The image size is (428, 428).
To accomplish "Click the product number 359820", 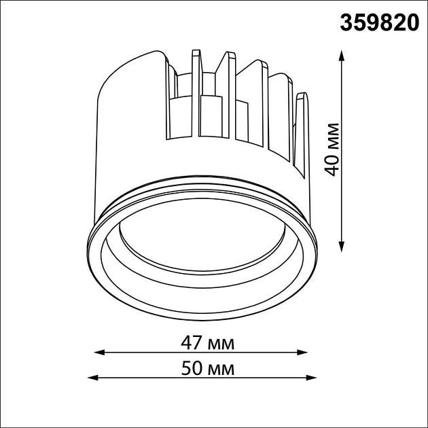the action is coord(379,22).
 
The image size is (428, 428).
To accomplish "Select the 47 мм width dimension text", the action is coord(207,343).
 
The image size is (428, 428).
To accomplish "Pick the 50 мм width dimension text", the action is coord(208,368).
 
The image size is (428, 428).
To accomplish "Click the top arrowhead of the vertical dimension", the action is coord(341,55).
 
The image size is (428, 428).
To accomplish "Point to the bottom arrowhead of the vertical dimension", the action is coord(341,247).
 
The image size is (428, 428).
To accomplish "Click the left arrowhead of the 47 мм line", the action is coord(99,353).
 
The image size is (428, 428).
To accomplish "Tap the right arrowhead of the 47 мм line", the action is coord(302,353).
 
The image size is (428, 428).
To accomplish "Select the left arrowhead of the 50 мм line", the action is coord(93,378).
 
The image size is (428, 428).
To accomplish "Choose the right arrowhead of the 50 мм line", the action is coord(311,378).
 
